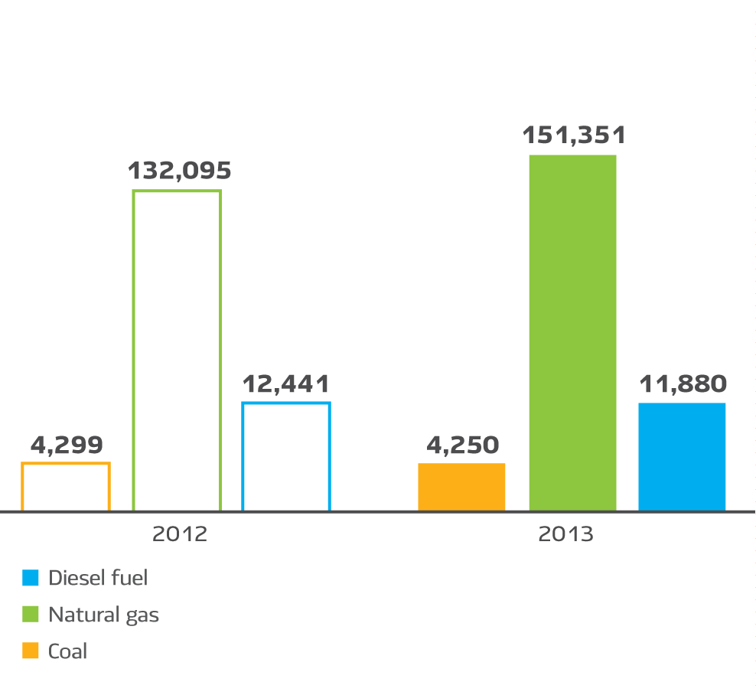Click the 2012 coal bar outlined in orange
point(66,486)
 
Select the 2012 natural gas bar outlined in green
point(177,350)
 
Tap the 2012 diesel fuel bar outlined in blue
point(286,456)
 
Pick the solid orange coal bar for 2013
point(461,486)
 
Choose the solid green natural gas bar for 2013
point(572,332)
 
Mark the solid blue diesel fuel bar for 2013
point(682,456)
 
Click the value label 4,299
point(67,445)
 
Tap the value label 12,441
point(286,383)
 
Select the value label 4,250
point(462,445)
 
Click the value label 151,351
point(574,135)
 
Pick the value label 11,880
point(683,383)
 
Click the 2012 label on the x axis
point(180,533)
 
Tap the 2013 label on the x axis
point(565,533)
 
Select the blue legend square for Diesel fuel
point(31,578)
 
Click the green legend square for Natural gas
point(31,615)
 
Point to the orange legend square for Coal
point(31,651)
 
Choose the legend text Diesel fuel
point(98,578)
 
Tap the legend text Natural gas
point(104,615)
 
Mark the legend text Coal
point(68,651)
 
